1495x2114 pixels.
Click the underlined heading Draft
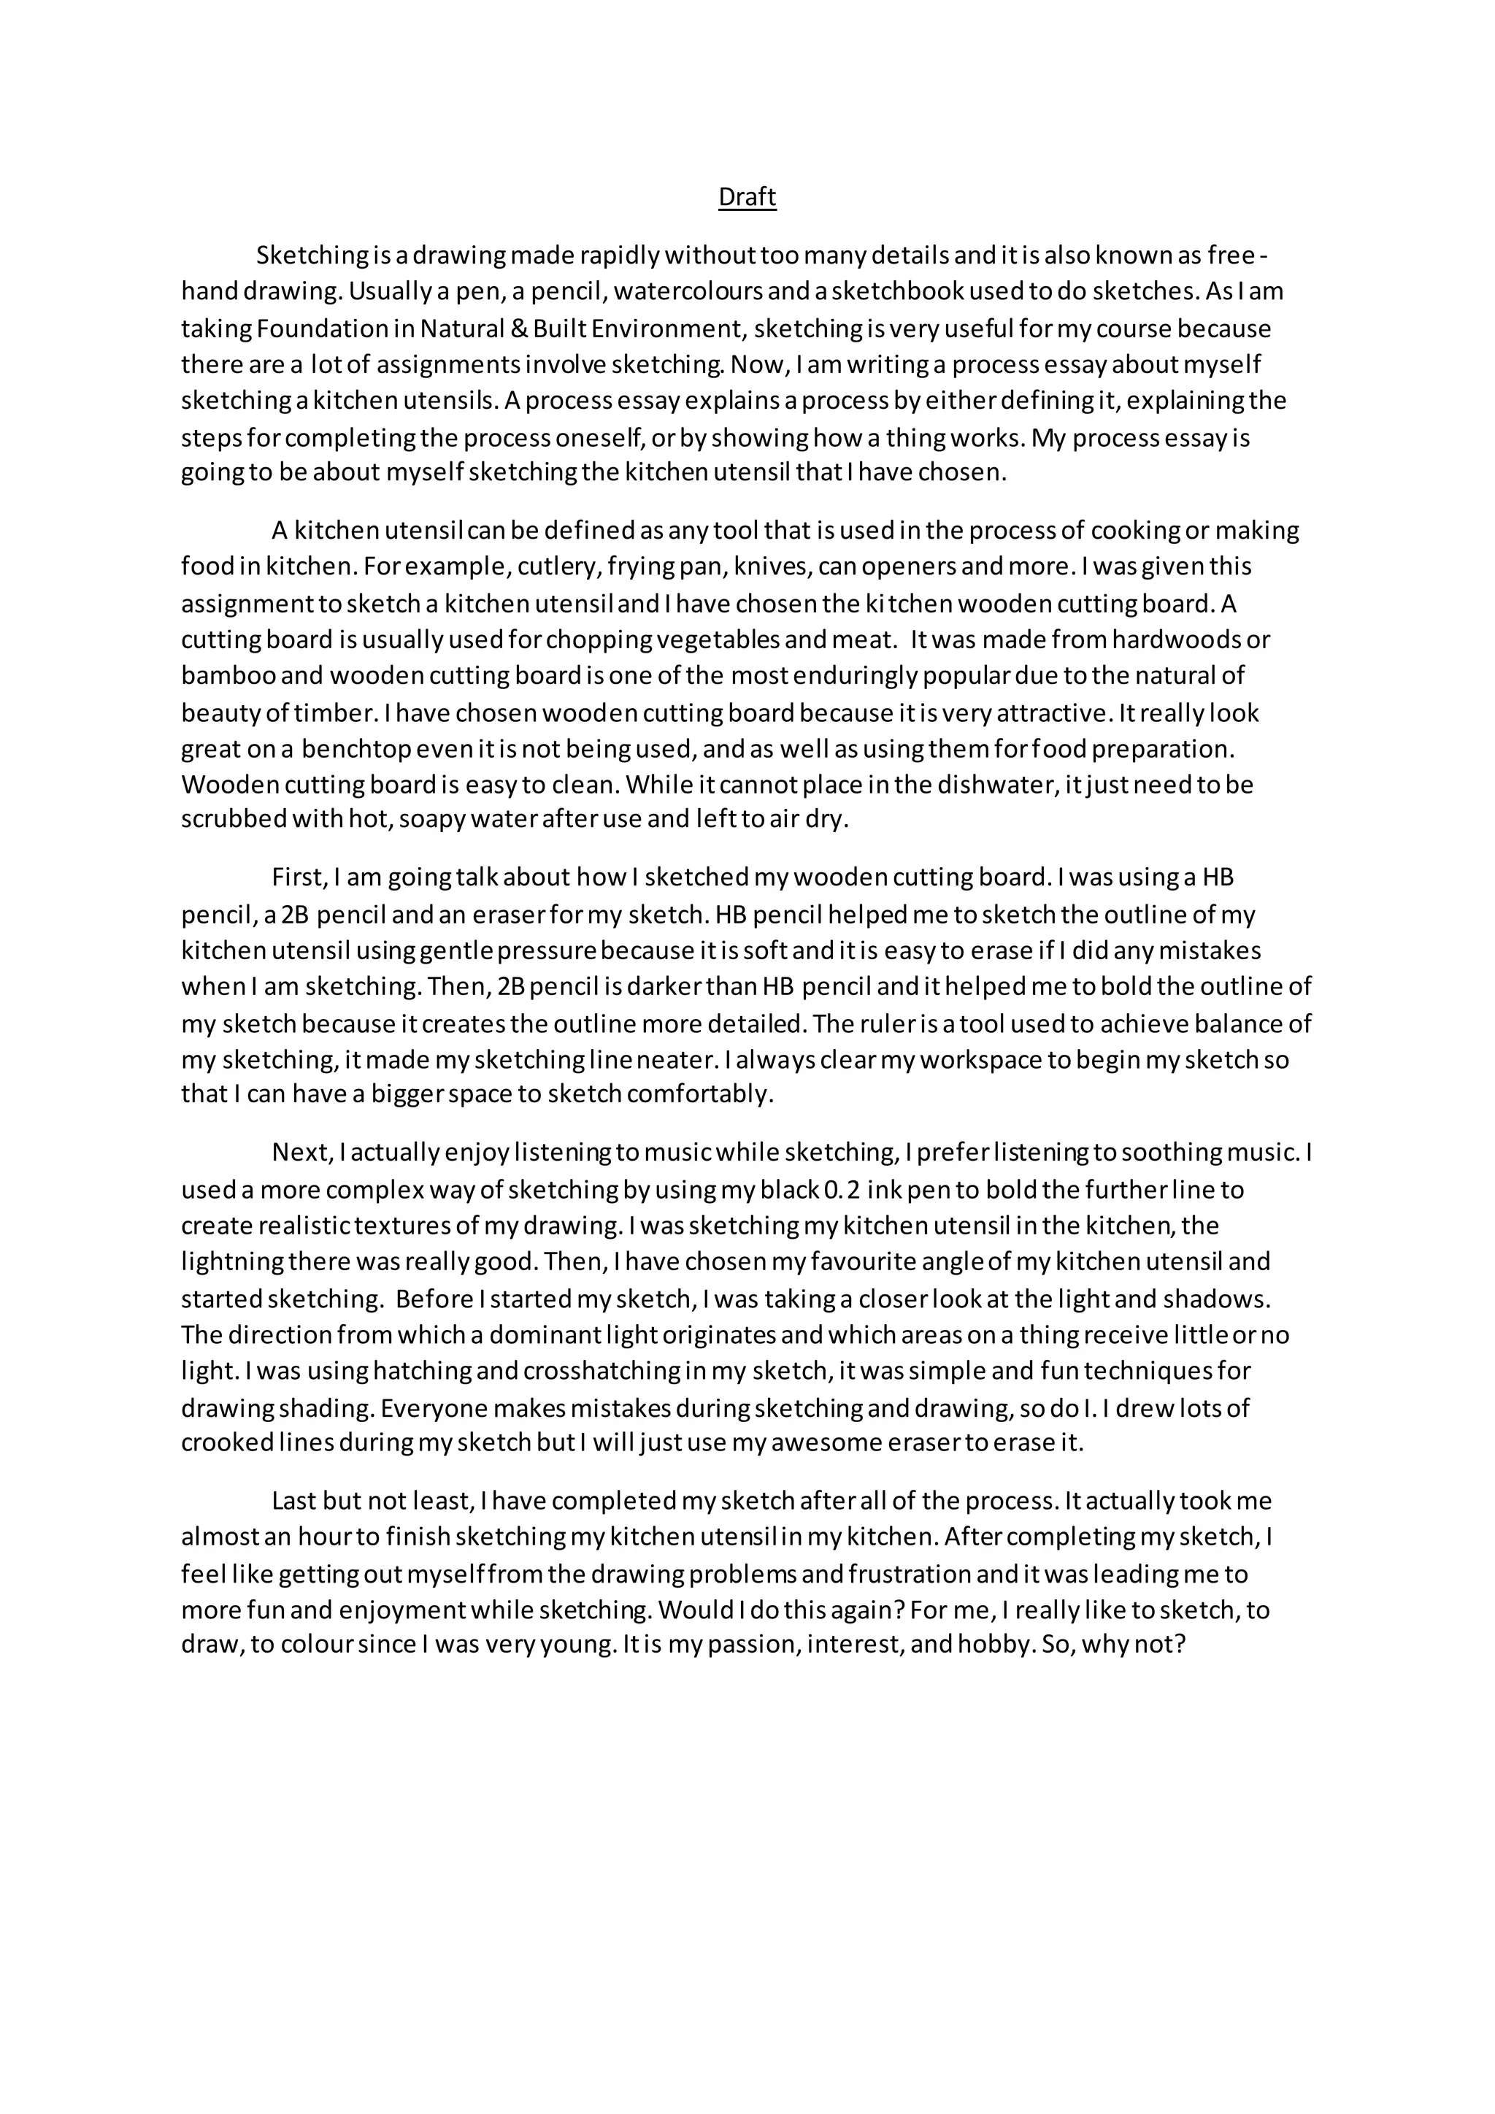point(747,197)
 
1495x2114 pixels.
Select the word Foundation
point(310,328)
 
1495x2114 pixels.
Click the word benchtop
point(356,748)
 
